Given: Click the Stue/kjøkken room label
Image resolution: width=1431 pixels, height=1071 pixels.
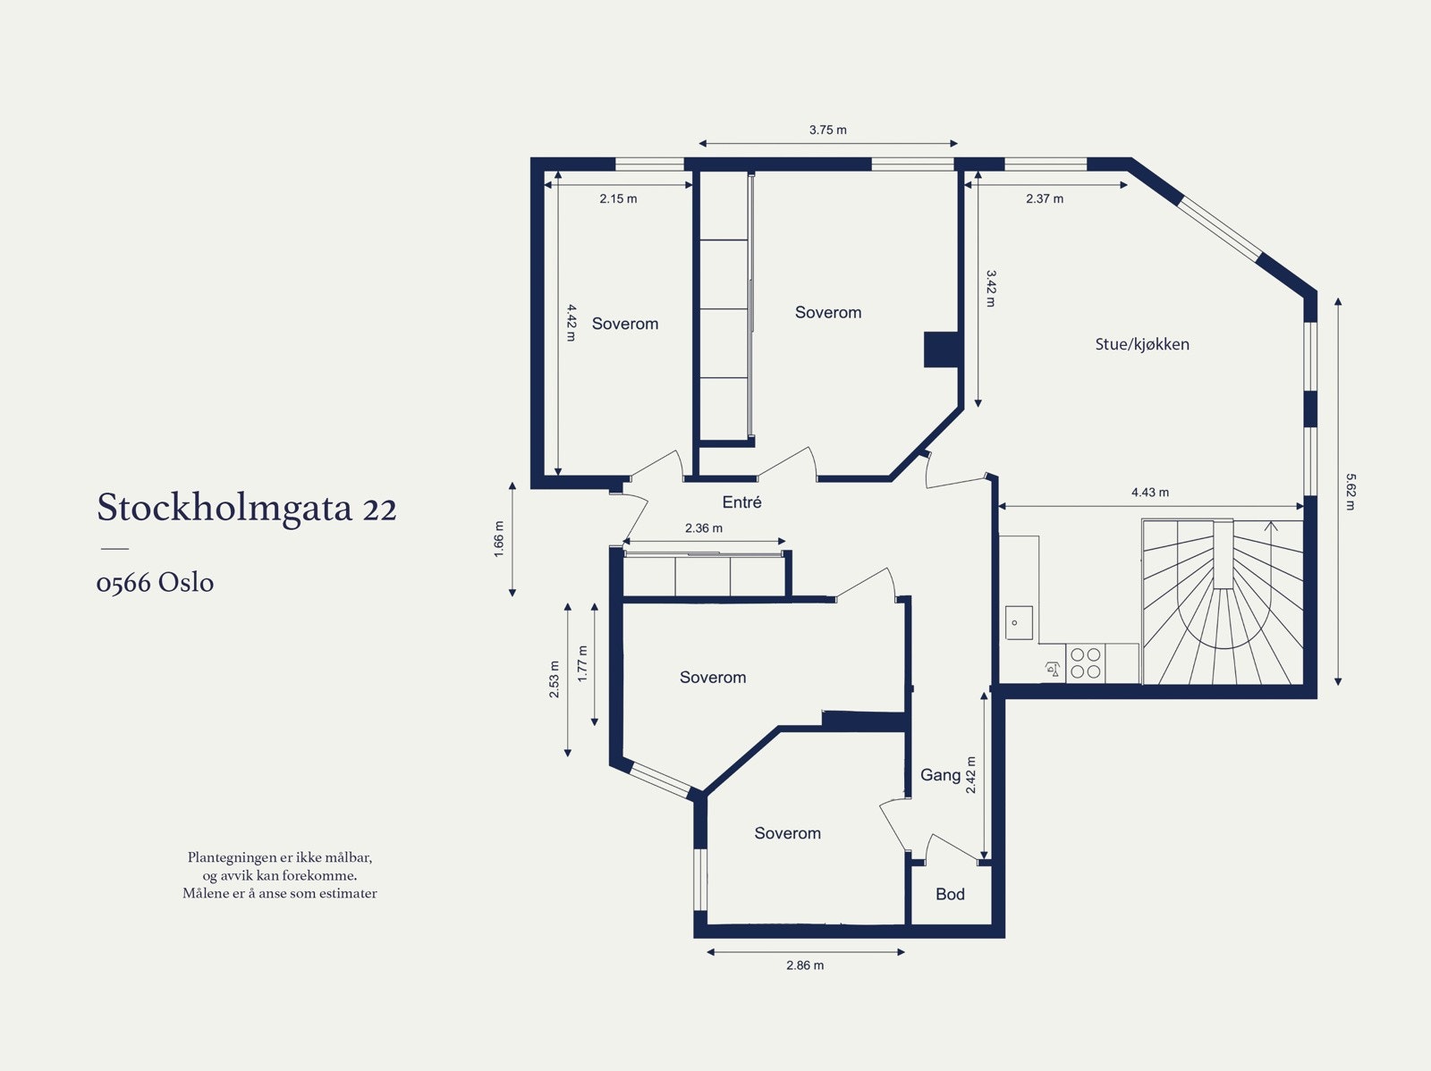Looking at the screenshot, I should [x=1142, y=344].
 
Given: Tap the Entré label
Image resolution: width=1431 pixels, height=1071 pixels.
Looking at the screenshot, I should [x=741, y=502].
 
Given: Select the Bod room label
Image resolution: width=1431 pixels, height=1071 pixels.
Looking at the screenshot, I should [x=950, y=894].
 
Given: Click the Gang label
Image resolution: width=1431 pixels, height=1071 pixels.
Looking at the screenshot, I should [x=940, y=775].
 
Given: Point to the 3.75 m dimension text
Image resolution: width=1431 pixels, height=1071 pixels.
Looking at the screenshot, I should [x=827, y=130].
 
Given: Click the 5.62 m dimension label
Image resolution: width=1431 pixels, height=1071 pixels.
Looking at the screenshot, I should [x=1351, y=492].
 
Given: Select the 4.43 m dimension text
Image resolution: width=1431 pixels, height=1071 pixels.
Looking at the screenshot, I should [x=1149, y=493].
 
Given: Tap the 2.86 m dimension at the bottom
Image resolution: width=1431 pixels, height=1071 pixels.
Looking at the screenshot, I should [x=805, y=966].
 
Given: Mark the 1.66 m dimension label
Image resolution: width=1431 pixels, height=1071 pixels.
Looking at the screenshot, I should [x=499, y=539].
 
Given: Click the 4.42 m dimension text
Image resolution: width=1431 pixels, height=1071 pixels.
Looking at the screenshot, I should [x=571, y=323].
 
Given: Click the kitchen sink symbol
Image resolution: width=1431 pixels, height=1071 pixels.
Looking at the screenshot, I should [x=1019, y=622].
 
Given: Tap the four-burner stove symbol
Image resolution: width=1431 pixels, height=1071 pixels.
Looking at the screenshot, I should [x=1086, y=663].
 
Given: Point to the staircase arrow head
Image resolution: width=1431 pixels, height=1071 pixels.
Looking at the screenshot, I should [x=1272, y=526].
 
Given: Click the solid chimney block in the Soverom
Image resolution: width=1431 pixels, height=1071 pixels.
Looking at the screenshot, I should [x=941, y=350].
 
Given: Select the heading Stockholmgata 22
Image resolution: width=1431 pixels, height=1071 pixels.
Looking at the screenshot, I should [x=247, y=508].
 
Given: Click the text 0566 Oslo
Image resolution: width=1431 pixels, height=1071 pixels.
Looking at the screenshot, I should [x=155, y=583].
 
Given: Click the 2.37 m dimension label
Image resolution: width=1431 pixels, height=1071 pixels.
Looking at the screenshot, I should [x=1044, y=198].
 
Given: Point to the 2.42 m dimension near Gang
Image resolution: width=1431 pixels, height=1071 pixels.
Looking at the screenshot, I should [x=971, y=775].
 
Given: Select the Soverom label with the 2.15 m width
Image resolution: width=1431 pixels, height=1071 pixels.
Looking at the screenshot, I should [x=624, y=324].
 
